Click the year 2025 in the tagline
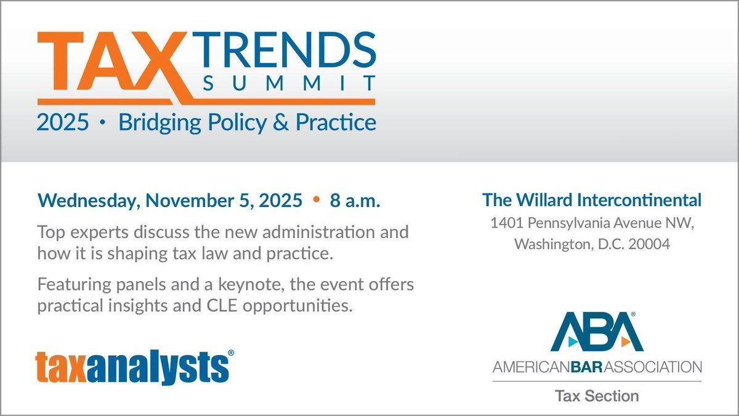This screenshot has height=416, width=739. click(x=63, y=122)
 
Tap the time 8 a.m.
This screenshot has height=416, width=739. click(x=353, y=200)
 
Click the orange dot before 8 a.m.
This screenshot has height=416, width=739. click(x=317, y=200)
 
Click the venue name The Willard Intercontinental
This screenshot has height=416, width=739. click(x=592, y=200)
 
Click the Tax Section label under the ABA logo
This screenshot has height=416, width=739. click(x=597, y=395)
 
